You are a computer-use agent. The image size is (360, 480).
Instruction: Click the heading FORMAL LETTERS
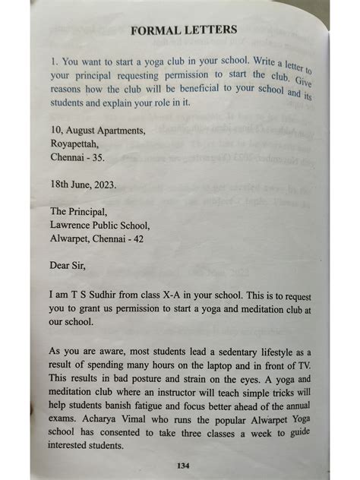click(x=184, y=31)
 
